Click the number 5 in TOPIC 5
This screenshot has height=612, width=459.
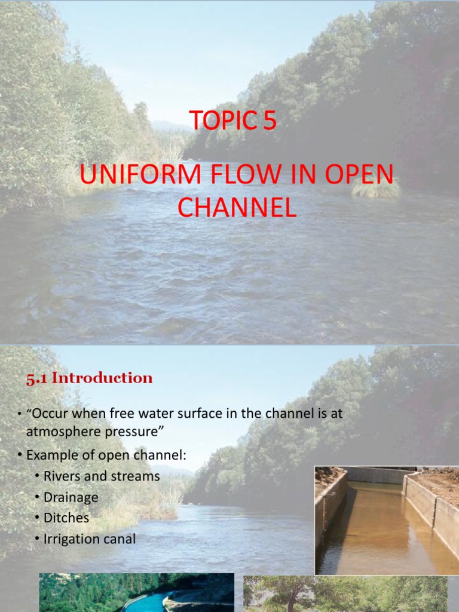269,121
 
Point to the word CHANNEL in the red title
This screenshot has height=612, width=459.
237,207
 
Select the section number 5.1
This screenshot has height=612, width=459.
37,378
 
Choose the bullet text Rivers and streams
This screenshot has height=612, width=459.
102,476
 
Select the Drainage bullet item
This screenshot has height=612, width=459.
71,497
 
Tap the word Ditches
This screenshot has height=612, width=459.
66,518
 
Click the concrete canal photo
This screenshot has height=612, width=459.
386,520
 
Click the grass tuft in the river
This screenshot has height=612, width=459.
376,188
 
